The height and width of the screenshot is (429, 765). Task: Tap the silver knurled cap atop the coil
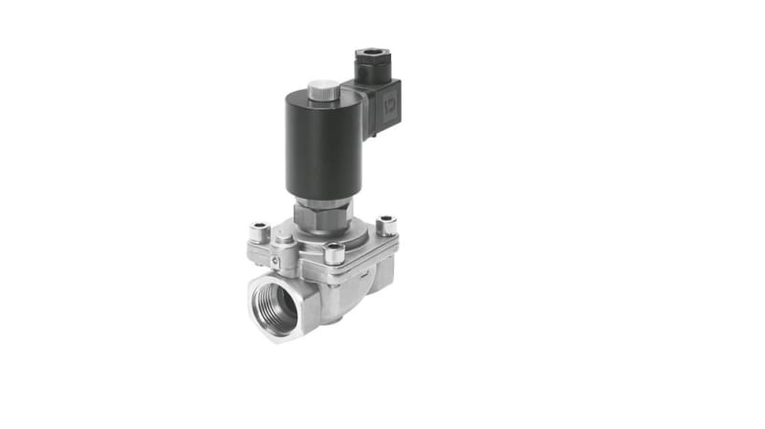323,91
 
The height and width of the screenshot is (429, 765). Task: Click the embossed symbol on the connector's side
391,99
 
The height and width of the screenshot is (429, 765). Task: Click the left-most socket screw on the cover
260,231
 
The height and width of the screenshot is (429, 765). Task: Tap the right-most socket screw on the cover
386,225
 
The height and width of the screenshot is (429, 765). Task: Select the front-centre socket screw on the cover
334,253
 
